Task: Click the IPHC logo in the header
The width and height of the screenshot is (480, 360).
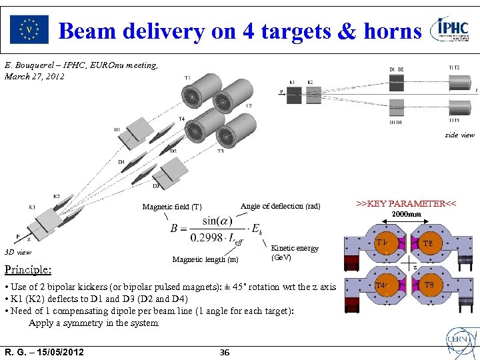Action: coord(453,29)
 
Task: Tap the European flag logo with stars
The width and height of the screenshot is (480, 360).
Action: coord(29,29)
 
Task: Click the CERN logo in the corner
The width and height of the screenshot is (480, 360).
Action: coord(459,342)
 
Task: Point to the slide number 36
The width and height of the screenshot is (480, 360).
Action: coord(225,352)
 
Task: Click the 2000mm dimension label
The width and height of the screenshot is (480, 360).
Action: coord(406,215)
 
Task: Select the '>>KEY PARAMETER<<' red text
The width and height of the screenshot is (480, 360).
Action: coord(406,203)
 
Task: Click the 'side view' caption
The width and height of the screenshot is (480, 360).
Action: coord(460,135)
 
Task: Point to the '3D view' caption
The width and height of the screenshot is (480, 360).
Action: coord(18,252)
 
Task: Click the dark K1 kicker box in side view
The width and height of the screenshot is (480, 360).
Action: coord(295,95)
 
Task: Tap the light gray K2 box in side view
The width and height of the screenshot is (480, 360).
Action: coord(311,95)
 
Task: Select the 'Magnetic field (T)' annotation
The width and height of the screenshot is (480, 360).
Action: coord(172,207)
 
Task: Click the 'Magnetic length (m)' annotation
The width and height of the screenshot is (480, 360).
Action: coord(205,259)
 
